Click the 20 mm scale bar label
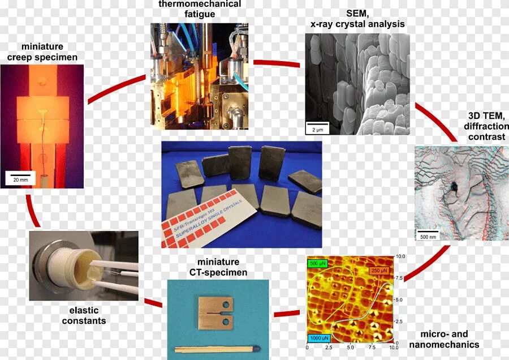[20, 179]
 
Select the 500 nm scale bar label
[427, 236]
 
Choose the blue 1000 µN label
[318, 338]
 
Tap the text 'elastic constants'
[84, 315]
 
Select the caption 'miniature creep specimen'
[42, 52]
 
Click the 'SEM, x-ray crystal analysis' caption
[357, 19]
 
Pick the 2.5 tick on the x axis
[328, 346]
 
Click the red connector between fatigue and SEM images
[277, 63]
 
